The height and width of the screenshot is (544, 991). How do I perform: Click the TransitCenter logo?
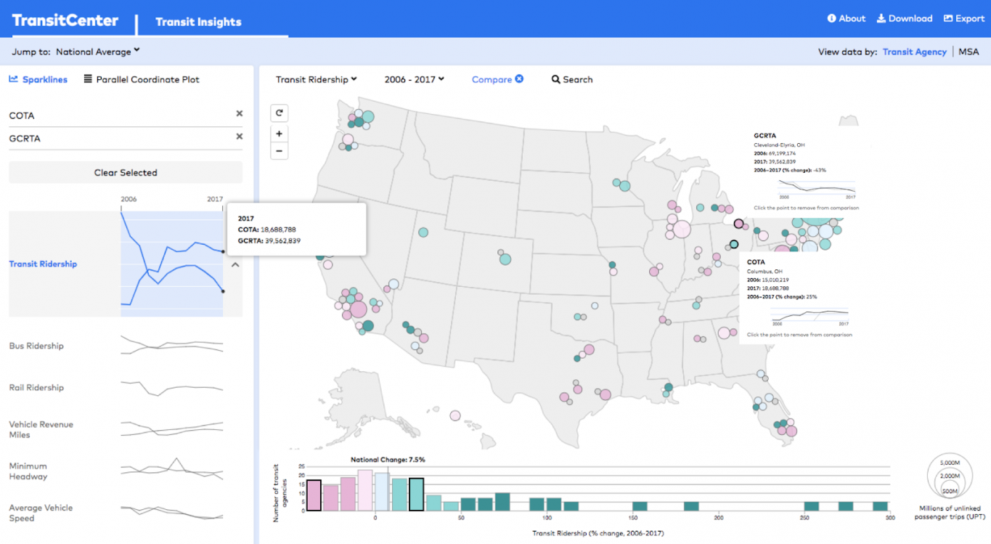point(65,20)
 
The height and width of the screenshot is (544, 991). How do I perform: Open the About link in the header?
point(847,19)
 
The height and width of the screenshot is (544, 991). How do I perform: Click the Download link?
point(905,19)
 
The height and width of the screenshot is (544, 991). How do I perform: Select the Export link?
point(964,19)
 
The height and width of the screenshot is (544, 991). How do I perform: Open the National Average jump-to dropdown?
point(97,52)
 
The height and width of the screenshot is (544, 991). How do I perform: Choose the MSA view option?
point(968,52)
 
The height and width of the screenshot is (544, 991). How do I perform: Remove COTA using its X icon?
point(239,113)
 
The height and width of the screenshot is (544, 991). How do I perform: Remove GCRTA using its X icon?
point(239,137)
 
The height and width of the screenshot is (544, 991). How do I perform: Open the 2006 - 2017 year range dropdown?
point(415,79)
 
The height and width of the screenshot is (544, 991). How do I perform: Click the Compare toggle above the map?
point(497,79)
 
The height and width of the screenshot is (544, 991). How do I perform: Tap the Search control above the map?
point(572,79)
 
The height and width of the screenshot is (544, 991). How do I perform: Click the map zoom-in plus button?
point(279,134)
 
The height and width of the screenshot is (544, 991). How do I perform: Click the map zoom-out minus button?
point(279,151)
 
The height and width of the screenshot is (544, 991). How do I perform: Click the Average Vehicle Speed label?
point(41,513)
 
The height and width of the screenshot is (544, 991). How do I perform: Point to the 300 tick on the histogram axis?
point(889,518)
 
